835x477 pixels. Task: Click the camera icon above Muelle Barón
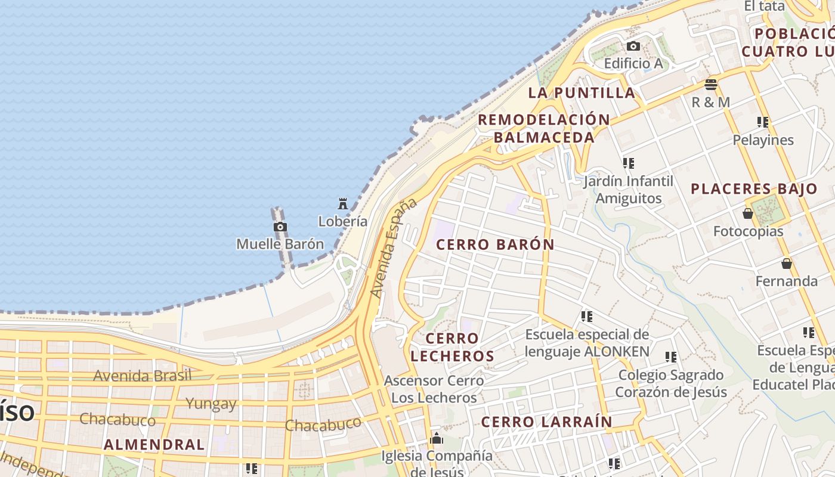(x=280, y=227)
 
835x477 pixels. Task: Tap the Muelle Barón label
(x=280, y=244)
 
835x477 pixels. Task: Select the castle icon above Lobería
(x=343, y=204)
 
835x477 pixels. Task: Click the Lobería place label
(x=342, y=221)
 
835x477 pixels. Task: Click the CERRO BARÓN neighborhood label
(x=495, y=244)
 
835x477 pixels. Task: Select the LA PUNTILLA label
(x=582, y=92)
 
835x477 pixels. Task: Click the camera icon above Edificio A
(x=633, y=47)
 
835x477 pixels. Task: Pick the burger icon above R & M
(x=710, y=84)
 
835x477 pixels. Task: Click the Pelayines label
(x=763, y=140)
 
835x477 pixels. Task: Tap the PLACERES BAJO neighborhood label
(x=754, y=189)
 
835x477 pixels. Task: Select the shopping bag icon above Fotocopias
(x=748, y=213)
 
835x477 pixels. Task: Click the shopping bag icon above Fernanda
(x=786, y=264)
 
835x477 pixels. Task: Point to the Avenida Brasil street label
(x=143, y=376)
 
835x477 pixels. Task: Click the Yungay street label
(x=211, y=404)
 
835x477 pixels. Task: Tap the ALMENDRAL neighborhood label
(x=154, y=444)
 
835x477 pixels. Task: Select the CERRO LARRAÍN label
(x=546, y=422)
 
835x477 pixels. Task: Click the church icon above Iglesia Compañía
(x=437, y=439)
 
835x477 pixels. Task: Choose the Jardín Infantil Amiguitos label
(x=629, y=190)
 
